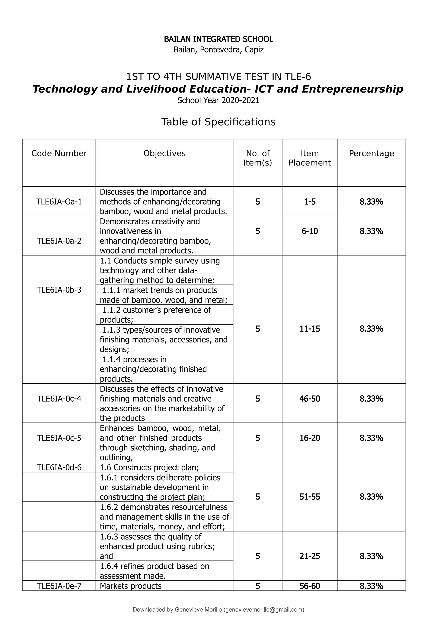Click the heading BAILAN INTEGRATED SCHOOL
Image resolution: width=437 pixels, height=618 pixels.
[x=218, y=39]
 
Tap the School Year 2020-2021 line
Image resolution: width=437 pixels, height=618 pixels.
[x=218, y=100]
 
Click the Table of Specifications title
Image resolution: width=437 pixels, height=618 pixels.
[x=218, y=122]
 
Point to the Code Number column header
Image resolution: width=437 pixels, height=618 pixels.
[x=59, y=153]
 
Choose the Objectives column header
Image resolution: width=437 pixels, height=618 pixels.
[x=164, y=153]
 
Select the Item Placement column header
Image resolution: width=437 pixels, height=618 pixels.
[x=310, y=158]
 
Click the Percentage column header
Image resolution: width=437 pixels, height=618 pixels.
[x=371, y=153]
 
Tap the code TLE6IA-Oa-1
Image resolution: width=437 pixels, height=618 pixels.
[x=59, y=202]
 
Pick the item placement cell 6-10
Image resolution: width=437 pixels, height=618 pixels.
[x=310, y=231]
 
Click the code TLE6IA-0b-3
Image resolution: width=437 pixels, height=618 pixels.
[x=59, y=290]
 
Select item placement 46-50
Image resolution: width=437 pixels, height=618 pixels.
[x=310, y=399]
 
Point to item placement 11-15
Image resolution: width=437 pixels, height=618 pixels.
[x=310, y=329]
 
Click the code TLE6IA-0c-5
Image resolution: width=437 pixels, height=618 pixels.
[x=59, y=438]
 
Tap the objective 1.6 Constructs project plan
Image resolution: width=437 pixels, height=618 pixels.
[x=149, y=467]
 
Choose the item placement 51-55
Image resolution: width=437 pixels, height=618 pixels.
[x=310, y=497]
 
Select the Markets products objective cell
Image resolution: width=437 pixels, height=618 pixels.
[x=131, y=586]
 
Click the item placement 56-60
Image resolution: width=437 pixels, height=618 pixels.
[x=310, y=586]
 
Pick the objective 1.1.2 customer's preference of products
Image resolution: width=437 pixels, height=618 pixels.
[x=155, y=315]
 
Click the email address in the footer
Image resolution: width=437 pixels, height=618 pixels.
[x=264, y=610]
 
